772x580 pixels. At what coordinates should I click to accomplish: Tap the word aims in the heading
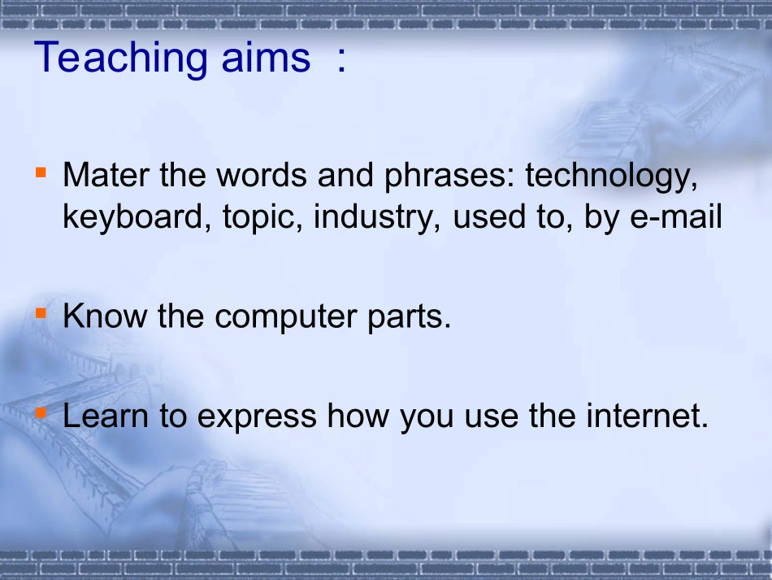pos(266,57)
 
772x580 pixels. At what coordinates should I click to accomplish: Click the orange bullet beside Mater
pos(41,172)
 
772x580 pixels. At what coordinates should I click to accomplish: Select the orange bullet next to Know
pos(41,313)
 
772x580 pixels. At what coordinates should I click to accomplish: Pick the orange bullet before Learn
pos(41,413)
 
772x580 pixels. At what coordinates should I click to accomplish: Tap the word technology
pos(611,177)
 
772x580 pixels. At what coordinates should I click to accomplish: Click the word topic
pos(262,218)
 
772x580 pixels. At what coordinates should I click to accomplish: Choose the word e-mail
pos(676,217)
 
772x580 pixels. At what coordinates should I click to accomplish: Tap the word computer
pos(285,317)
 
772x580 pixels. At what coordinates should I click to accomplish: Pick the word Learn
pos(106,416)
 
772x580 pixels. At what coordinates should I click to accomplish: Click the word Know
pos(105,316)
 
